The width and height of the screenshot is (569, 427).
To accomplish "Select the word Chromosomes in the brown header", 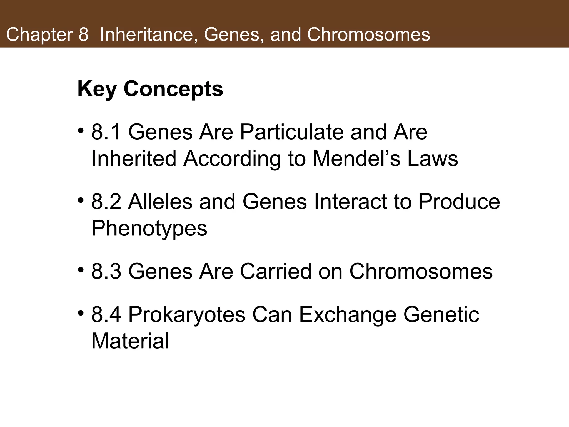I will pos(368,35).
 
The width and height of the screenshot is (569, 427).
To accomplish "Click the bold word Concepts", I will pos(173,89).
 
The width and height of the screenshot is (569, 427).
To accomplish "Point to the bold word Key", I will pos(97,90).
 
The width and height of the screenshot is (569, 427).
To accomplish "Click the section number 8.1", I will pos(106,132).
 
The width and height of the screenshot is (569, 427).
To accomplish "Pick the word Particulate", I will pos(292,132).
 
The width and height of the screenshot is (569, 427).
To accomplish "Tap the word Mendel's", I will pos(356,159).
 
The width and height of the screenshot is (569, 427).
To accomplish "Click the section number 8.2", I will pos(106,202).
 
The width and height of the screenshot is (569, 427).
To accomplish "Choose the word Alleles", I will pos(160,202).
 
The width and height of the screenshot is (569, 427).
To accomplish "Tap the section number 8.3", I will pos(106,271).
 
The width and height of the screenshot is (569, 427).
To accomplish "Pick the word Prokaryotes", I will pos(187,315).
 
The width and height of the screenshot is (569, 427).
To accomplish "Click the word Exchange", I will pos(348,315).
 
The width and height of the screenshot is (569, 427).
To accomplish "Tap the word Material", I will pos(130,341).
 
